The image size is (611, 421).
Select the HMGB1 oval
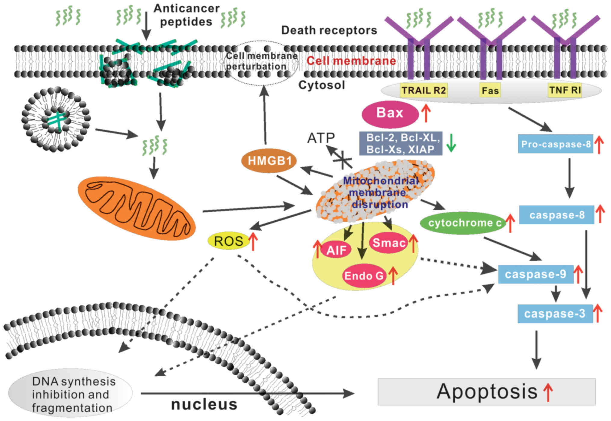[269, 161]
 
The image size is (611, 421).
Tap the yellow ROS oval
[229, 241]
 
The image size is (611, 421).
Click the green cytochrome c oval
[464, 223]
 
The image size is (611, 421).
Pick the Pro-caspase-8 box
[555, 144]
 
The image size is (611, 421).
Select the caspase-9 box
[535, 274]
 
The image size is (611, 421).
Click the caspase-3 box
[555, 314]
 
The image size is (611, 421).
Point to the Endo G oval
[364, 275]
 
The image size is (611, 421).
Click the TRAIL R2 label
[424, 90]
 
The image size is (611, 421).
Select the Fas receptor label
[490, 91]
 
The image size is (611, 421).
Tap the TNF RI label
[565, 90]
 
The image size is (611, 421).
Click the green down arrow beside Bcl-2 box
[451, 143]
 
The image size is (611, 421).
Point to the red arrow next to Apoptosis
[548, 392]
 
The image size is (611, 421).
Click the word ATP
[321, 138]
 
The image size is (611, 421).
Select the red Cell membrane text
[351, 61]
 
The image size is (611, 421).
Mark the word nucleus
[204, 405]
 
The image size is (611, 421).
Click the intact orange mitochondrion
[137, 209]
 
